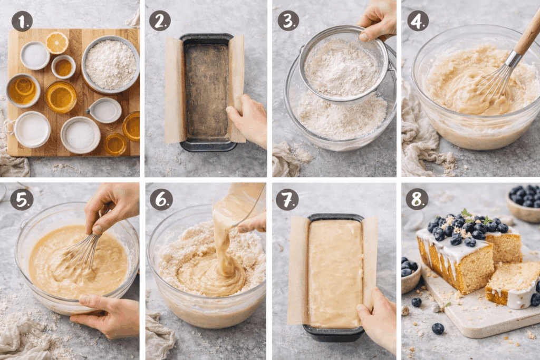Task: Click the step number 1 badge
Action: pos(22,21)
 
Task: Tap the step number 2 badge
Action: pos(160,21)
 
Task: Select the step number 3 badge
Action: pos(288,21)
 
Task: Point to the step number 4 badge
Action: pos(418,21)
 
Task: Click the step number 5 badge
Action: pos(22,199)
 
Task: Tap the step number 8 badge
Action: pos(417,199)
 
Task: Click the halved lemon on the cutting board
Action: pos(57,43)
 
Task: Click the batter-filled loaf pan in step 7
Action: pos(334,271)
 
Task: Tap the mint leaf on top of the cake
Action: pos(465,213)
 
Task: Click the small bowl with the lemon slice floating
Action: pos(23,90)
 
